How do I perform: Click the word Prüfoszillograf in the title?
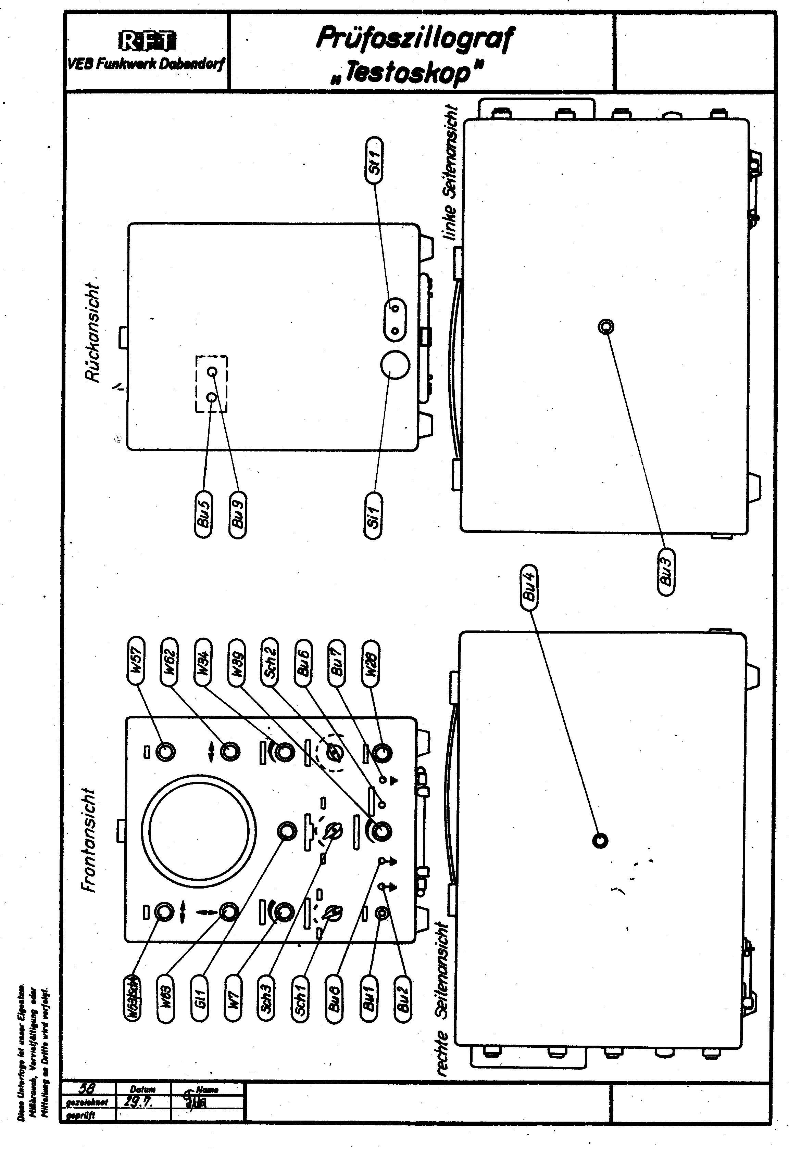click(415, 38)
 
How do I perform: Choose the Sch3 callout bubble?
click(267, 995)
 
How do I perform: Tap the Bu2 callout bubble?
click(403, 995)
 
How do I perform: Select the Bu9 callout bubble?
click(237, 515)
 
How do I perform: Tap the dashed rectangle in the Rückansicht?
click(211, 384)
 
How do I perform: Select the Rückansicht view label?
click(92, 332)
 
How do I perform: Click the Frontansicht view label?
click(88, 840)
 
